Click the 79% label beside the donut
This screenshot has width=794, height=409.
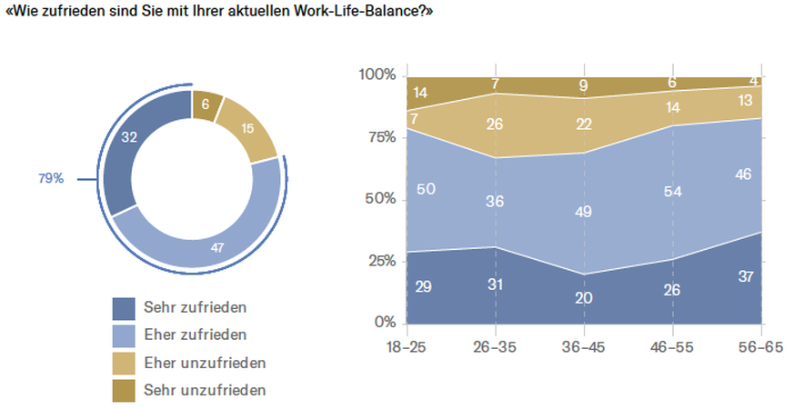point(50,179)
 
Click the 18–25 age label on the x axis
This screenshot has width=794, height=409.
point(407,346)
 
